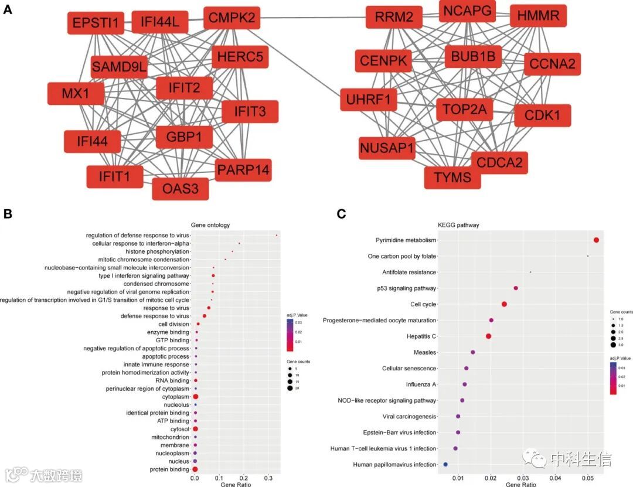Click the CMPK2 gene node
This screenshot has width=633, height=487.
click(x=232, y=19)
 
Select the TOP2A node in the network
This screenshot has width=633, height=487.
click(x=464, y=110)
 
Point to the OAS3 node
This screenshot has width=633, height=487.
click(x=180, y=189)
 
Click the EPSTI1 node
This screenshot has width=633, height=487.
click(x=95, y=23)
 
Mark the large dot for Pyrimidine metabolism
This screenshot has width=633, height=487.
click(x=596, y=240)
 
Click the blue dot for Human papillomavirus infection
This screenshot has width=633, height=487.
click(x=445, y=464)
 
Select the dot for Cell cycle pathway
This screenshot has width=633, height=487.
click(x=504, y=304)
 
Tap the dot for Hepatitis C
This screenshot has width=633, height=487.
click(x=488, y=336)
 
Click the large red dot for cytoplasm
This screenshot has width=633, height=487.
click(x=196, y=397)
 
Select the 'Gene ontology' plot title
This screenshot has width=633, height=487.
click(x=210, y=225)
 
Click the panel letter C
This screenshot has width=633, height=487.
click(x=342, y=214)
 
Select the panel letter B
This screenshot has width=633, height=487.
click(x=8, y=214)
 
